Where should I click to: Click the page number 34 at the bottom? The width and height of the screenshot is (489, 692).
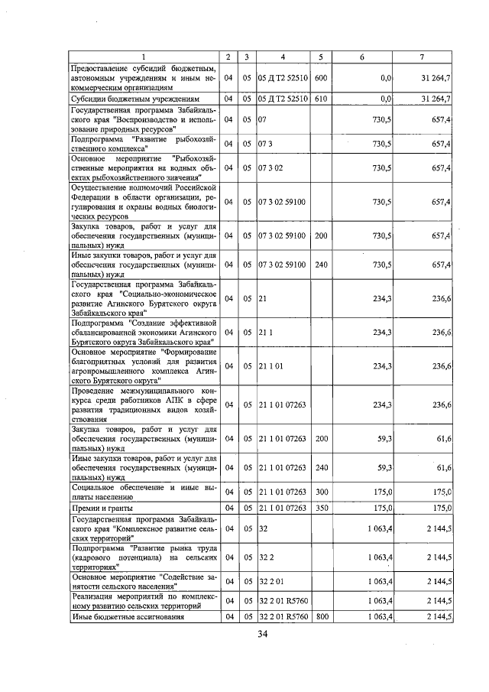[x=262, y=634]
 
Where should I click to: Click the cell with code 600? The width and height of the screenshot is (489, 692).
[x=321, y=77]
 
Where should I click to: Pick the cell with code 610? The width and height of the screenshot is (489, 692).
[x=321, y=99]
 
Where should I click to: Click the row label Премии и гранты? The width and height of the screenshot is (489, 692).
[x=102, y=508]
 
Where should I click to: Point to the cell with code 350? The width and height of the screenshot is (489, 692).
[x=321, y=508]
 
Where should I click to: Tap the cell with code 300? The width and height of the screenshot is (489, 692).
[x=321, y=492]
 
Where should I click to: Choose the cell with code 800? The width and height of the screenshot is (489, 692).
[x=321, y=616]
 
